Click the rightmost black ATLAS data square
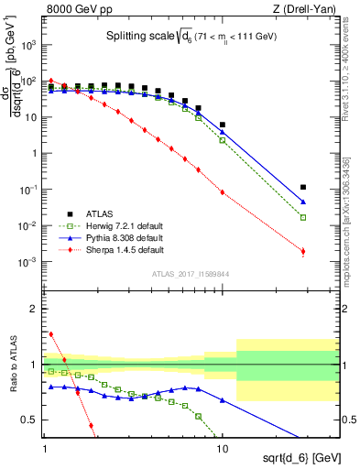tap(303, 187)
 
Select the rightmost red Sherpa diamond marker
tap(303, 251)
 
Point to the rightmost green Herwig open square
tap(303, 217)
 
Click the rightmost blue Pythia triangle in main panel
tap(303, 202)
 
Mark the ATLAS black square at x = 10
tap(223, 125)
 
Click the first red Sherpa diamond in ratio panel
tap(51, 334)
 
